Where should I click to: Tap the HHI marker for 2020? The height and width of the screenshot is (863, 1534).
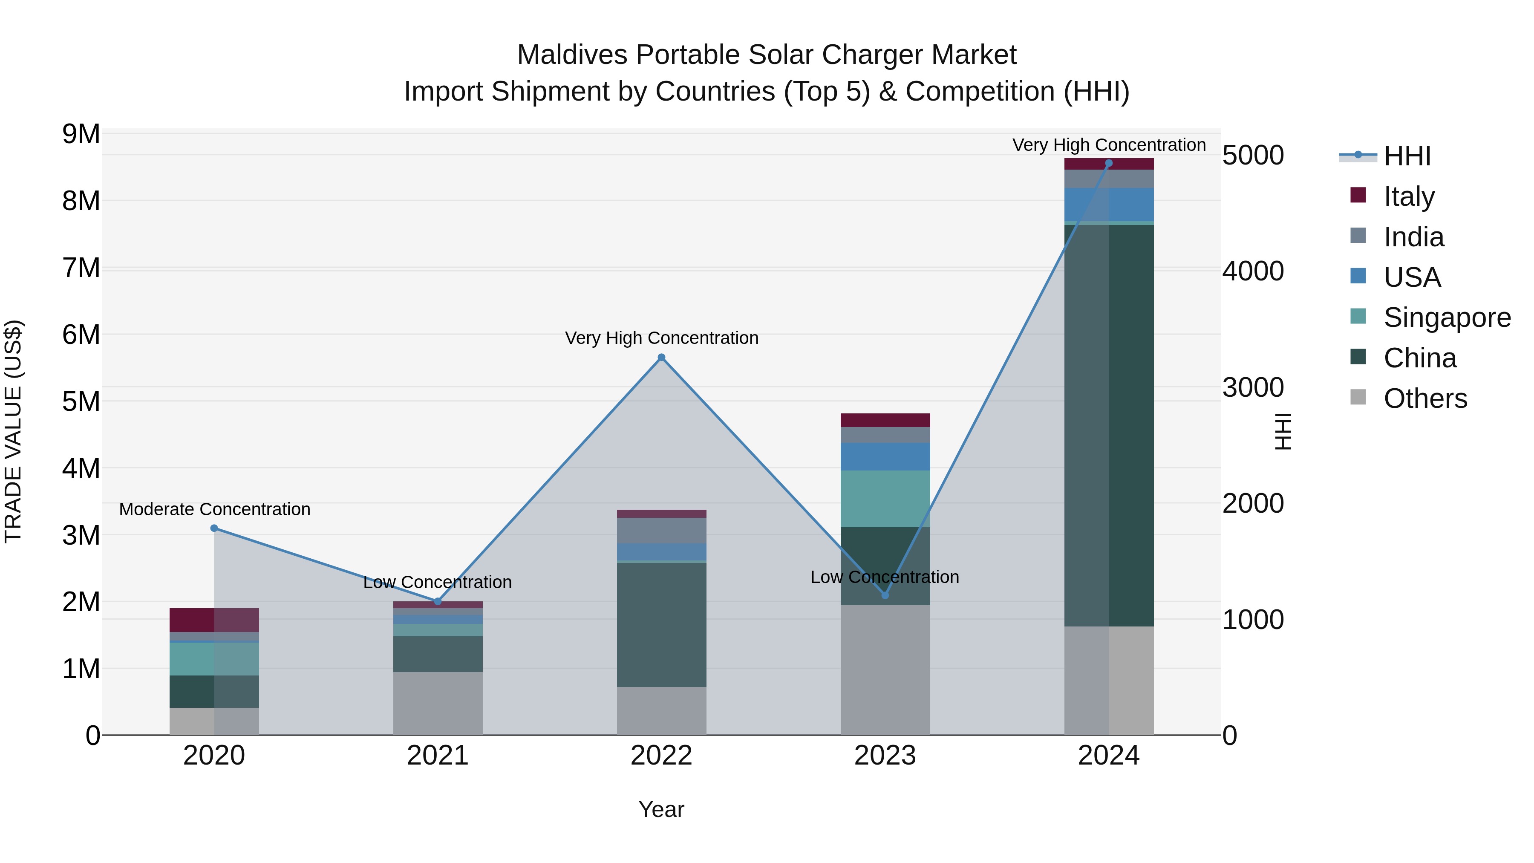[214, 528]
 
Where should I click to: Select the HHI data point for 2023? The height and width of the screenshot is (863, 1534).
[885, 595]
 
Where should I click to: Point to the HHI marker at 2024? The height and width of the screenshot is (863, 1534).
[1109, 163]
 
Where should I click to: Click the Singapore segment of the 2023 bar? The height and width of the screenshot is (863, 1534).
[885, 499]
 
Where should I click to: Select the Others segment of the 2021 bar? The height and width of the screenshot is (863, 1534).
[438, 703]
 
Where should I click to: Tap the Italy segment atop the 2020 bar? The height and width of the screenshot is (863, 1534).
[214, 620]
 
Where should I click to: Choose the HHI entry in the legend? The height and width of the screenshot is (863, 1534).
[1407, 156]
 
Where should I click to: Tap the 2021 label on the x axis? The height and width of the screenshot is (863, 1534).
[438, 756]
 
